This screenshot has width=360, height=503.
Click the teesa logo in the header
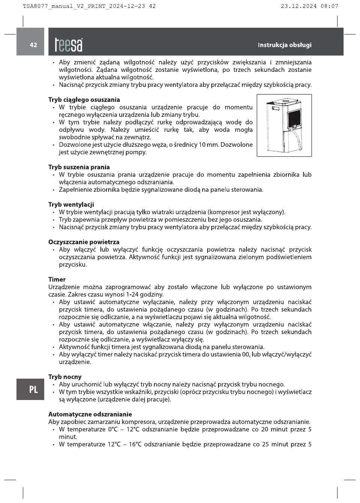pyautogui.click(x=69, y=45)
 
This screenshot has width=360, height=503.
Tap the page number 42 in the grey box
pyautogui.click(x=33, y=45)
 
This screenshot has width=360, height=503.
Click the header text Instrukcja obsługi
pyautogui.click(x=284, y=45)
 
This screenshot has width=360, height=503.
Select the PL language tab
pyautogui.click(x=33, y=390)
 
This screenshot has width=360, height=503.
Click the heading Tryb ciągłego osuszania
pyautogui.click(x=84, y=100)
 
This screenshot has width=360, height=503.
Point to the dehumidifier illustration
pyautogui.click(x=284, y=125)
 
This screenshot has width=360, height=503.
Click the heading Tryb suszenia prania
pyautogui.click(x=79, y=167)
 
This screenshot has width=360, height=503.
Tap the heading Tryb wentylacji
pyautogui.click(x=71, y=204)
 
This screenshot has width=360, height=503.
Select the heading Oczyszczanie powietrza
pyautogui.click(x=84, y=242)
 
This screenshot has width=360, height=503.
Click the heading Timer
pyautogui.click(x=57, y=279)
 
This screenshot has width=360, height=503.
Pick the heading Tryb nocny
pyautogui.click(x=65, y=377)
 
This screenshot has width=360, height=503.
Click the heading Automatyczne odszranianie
pyautogui.click(x=90, y=414)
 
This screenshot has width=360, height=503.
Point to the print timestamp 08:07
pyautogui.click(x=329, y=6)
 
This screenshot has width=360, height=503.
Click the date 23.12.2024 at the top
pyautogui.click(x=299, y=6)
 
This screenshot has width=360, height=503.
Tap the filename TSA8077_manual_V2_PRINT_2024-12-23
pyautogui.click(x=84, y=6)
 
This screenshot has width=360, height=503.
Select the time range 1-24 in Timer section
pyautogui.click(x=132, y=294)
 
